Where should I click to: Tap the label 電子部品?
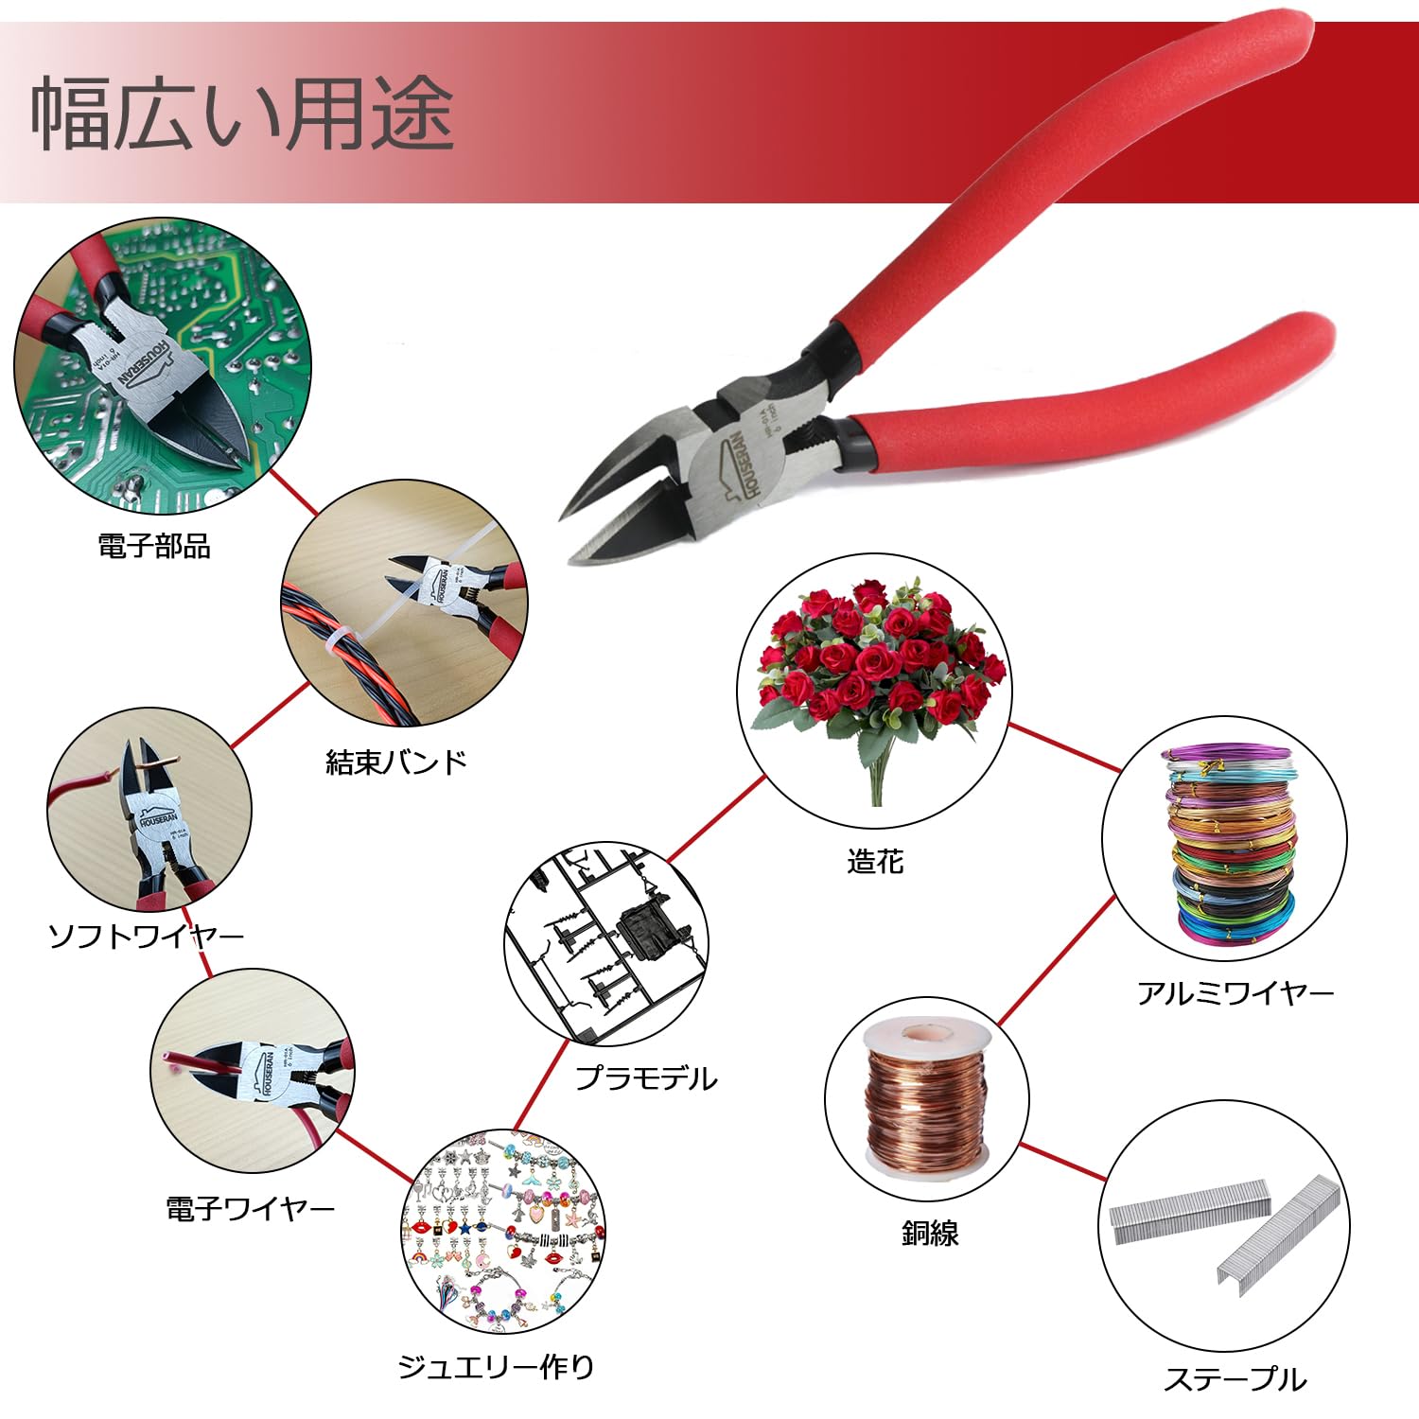[x=154, y=546]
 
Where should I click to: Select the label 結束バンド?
[x=396, y=762]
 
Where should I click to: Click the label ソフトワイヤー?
[x=147, y=937]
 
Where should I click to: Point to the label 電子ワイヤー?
[x=251, y=1208]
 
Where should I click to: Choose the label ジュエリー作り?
[x=497, y=1366]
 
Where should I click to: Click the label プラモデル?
[x=647, y=1077]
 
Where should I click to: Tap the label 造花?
[x=875, y=861]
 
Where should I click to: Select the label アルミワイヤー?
[x=1235, y=992]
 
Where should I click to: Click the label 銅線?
[x=930, y=1233]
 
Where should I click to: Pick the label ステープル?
[x=1235, y=1379]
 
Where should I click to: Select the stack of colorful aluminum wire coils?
[x=1231, y=845]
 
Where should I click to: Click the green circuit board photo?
[x=163, y=367]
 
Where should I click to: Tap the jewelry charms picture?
[x=503, y=1231]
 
